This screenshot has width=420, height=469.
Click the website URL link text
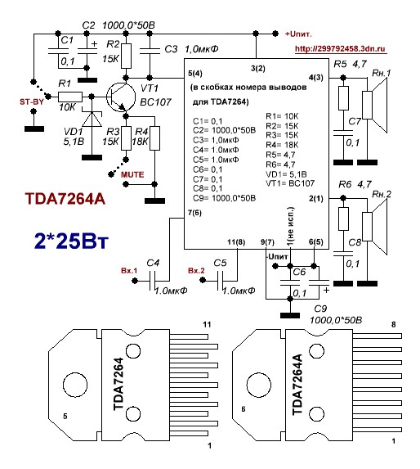click(x=340, y=49)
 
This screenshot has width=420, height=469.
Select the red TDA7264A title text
click(x=65, y=199)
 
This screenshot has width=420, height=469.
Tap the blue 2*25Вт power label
click(x=71, y=241)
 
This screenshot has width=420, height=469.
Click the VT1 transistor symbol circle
click(x=121, y=97)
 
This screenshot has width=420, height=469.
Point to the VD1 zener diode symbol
click(x=92, y=119)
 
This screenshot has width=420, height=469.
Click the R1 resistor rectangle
click(x=69, y=97)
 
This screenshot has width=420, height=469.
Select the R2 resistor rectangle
click(x=127, y=56)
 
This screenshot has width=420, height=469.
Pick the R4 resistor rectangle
click(x=154, y=138)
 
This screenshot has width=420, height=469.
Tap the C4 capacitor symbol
click(x=152, y=281)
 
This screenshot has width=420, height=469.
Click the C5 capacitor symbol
click(x=220, y=281)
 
